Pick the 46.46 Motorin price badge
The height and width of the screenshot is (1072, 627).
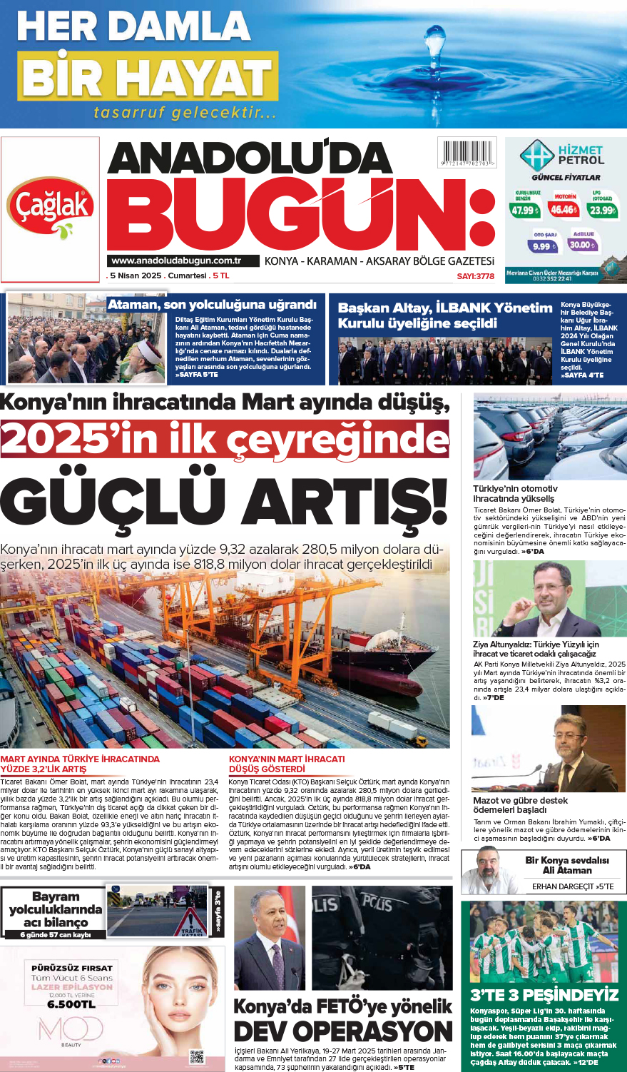564,209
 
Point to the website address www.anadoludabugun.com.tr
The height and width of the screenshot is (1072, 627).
175,261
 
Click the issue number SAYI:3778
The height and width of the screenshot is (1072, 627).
475,276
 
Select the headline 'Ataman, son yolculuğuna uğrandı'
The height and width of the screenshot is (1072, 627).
212,305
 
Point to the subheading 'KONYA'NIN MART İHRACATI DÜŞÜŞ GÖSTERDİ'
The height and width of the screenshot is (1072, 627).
286,764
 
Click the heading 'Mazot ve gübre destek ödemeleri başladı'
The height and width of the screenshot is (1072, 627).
520,805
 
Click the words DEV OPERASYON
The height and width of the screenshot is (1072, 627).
343,1031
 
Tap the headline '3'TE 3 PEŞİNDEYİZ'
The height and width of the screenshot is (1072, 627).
544,995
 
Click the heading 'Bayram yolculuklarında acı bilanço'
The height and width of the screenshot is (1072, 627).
56,909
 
